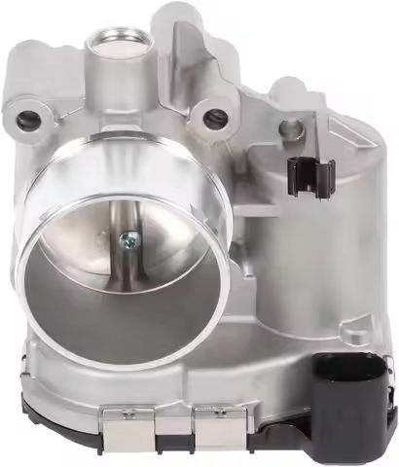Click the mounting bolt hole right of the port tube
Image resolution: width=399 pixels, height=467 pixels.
[215, 118]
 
